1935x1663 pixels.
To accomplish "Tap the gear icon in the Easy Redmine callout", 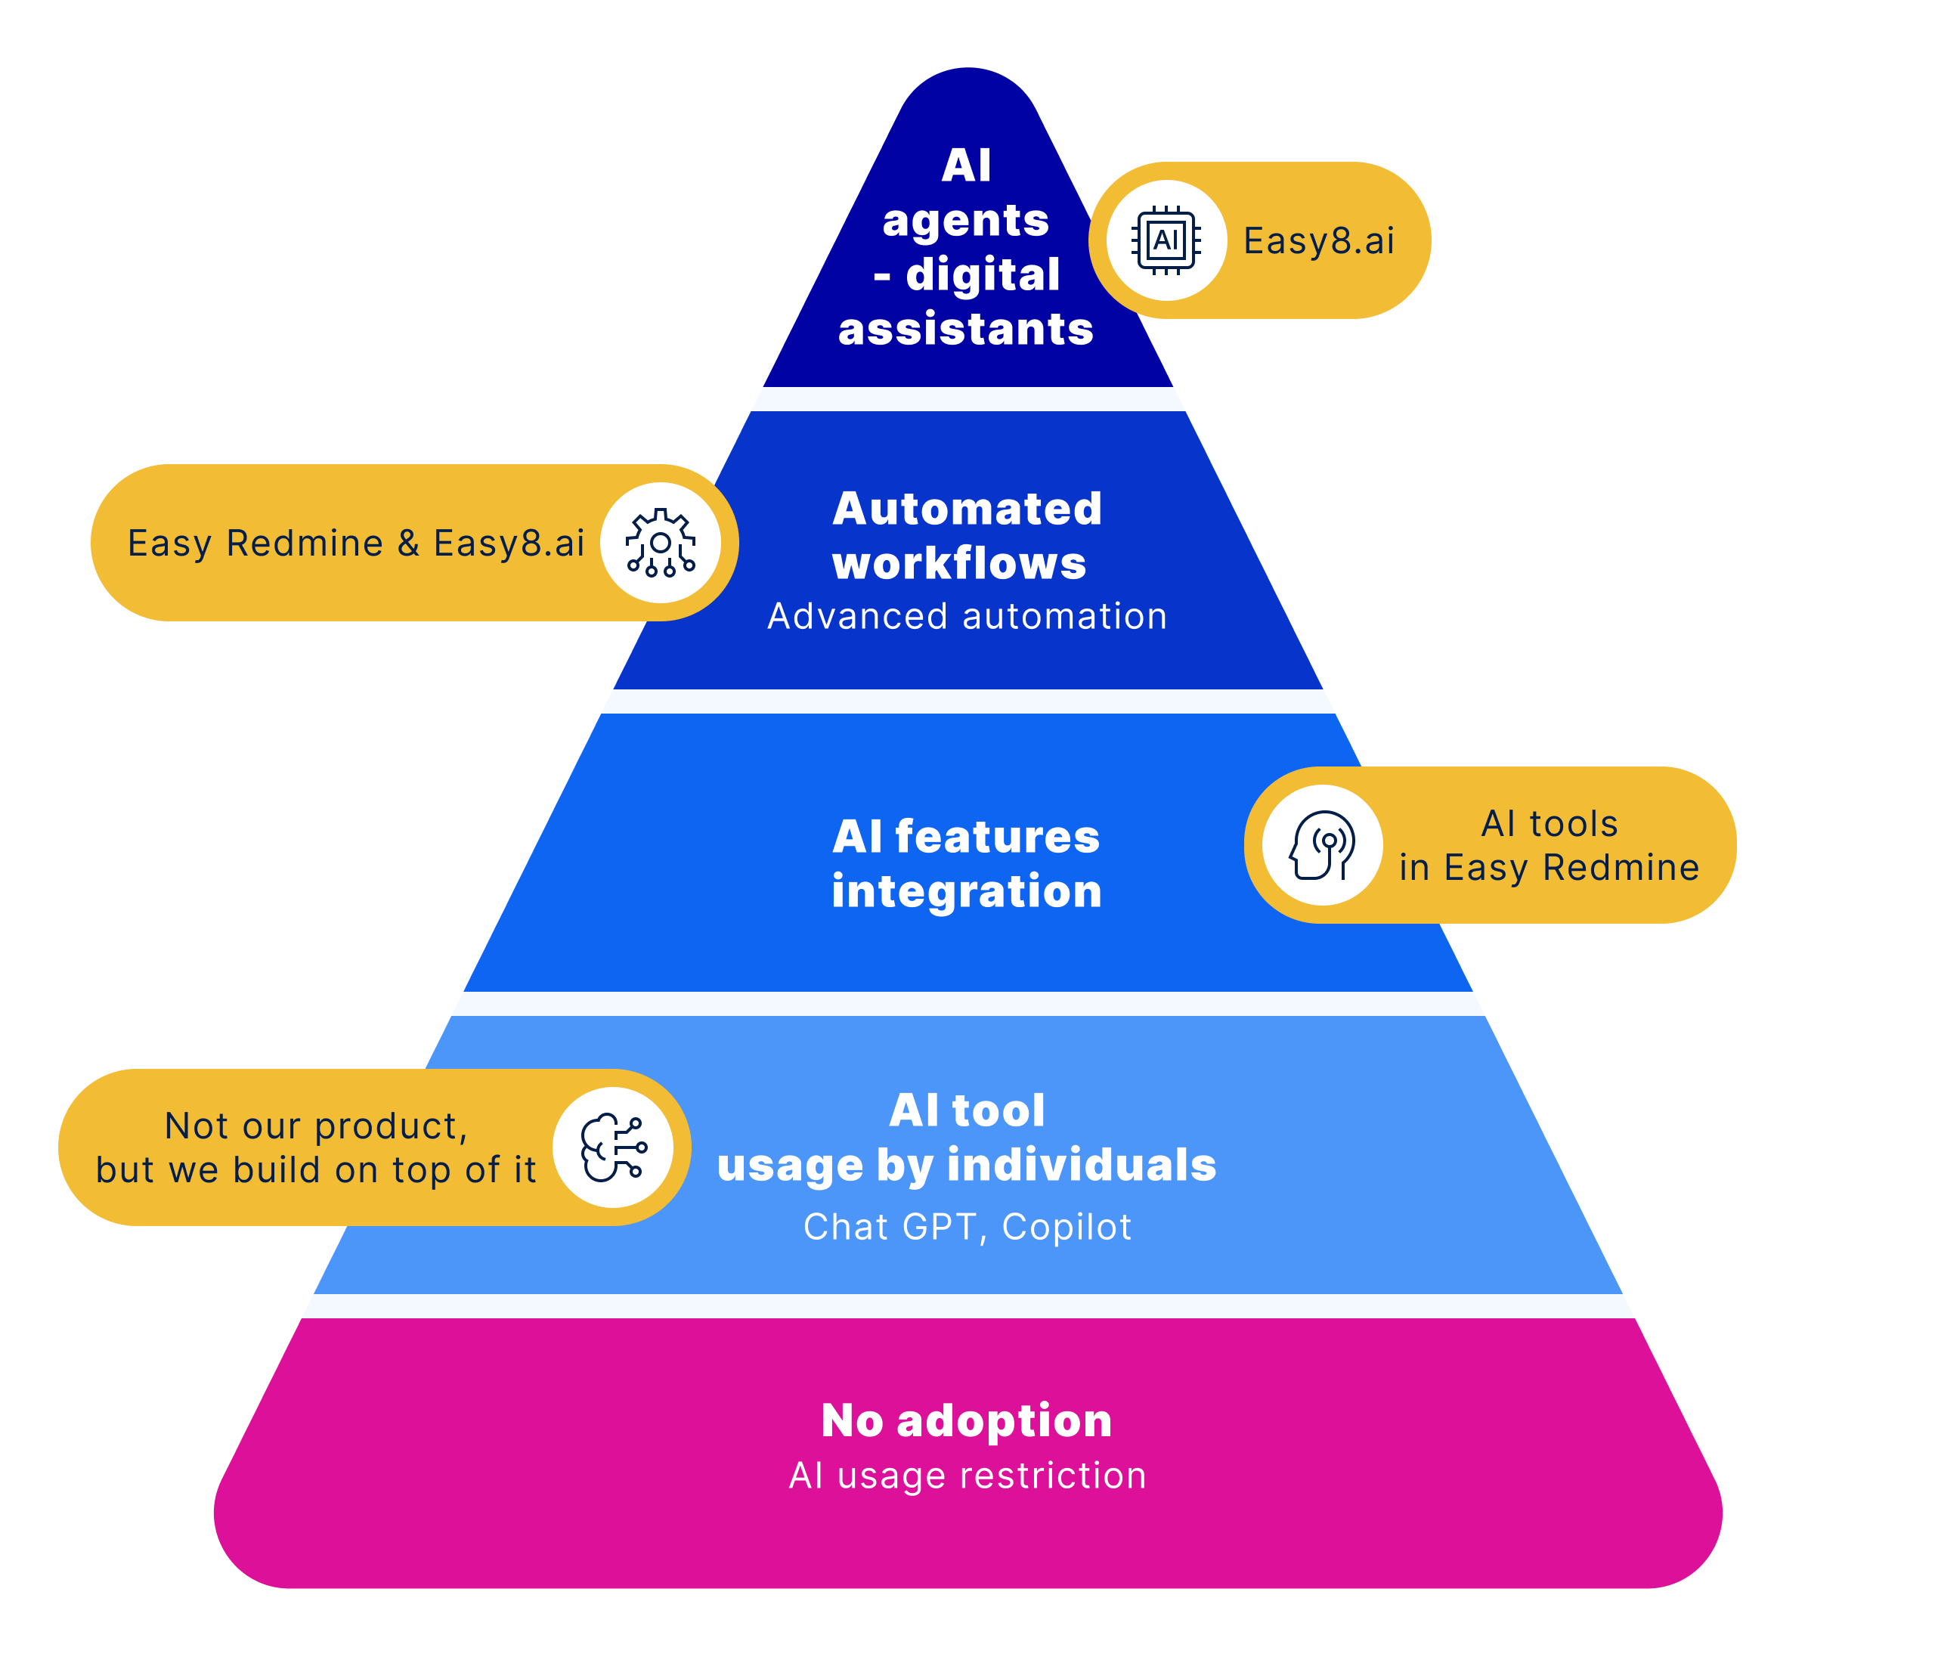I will [x=661, y=543].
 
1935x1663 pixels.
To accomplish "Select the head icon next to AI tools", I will [x=1321, y=845].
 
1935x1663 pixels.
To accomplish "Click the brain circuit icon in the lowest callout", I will [x=613, y=1147].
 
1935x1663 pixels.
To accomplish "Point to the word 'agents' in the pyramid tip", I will [x=966, y=221].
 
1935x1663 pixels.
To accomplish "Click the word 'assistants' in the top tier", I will [x=966, y=330].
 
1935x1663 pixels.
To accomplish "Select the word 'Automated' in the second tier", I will [x=967, y=509].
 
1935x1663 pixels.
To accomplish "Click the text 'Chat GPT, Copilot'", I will [x=967, y=1227].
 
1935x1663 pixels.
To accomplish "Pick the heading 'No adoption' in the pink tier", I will [x=967, y=1420].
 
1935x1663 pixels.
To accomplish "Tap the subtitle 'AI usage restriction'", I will [x=967, y=1476].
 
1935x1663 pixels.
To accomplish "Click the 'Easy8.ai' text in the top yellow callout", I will [x=1319, y=241].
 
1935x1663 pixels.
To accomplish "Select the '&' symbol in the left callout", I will [x=408, y=543].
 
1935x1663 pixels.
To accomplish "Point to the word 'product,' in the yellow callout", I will [x=392, y=1127].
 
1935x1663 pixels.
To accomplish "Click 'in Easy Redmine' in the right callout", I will [x=1548, y=868].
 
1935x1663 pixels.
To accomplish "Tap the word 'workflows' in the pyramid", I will [x=959, y=563].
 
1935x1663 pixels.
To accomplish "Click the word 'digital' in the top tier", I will [x=983, y=275].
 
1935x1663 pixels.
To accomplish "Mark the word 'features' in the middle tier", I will [x=996, y=837].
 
